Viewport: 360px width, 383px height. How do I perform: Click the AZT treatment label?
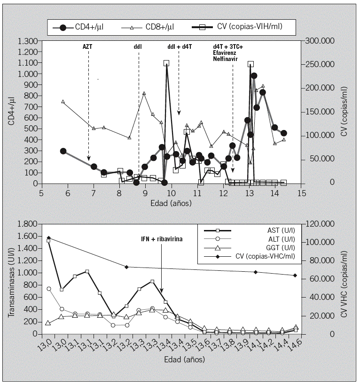pos(88,46)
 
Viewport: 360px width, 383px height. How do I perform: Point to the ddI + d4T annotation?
pos(179,46)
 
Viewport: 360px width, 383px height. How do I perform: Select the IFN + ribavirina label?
pos(162,238)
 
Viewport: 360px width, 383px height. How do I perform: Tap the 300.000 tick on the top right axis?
pos(319,41)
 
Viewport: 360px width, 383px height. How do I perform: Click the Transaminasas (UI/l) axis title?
pos(10,279)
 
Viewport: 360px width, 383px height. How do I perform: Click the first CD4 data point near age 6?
pos(63,151)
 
